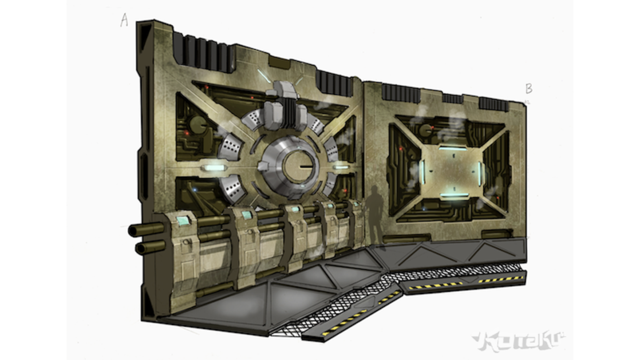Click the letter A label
(x=124, y=20)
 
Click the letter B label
(x=529, y=89)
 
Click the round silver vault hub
(x=291, y=167)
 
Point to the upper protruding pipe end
(x=133, y=231)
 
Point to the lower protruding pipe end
(x=141, y=248)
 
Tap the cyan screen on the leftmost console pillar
(x=183, y=221)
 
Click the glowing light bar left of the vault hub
(x=214, y=168)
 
